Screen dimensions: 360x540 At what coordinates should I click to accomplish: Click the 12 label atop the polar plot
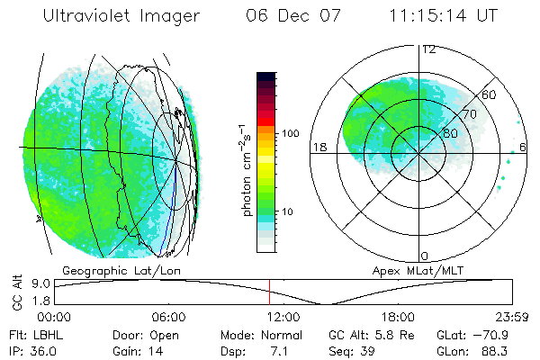tap(428, 49)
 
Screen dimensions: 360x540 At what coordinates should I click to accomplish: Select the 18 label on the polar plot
tap(319, 147)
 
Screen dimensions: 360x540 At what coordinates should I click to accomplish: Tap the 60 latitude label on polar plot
tap(490, 94)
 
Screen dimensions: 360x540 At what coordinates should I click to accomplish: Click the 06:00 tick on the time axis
tap(168, 318)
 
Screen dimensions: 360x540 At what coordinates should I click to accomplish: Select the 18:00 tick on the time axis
tap(398, 318)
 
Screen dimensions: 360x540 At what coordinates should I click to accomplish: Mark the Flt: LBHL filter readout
tap(35, 335)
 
